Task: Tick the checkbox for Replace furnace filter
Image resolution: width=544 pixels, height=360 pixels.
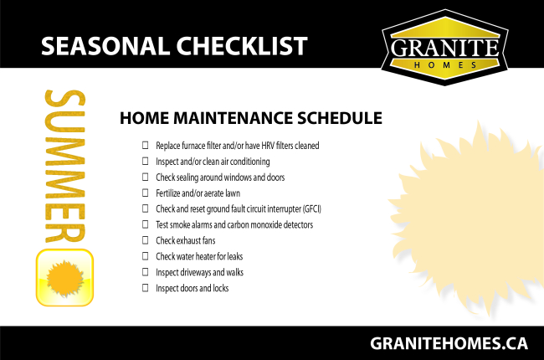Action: point(146,145)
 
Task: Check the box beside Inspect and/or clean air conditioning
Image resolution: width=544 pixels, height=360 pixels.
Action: point(146,161)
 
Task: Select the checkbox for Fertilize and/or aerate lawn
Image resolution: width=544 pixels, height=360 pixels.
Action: point(146,193)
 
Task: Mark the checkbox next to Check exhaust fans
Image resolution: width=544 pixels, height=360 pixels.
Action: point(146,240)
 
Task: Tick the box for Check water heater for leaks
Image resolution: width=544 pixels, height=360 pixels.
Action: point(146,256)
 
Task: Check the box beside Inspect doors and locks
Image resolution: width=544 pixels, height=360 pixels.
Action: point(146,288)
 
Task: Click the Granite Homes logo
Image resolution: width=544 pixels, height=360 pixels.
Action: point(444,48)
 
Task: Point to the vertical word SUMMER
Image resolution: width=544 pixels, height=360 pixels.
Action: point(65,166)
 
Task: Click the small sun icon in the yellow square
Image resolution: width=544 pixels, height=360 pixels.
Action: point(65,279)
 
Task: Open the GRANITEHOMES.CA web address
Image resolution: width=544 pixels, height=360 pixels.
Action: point(449,344)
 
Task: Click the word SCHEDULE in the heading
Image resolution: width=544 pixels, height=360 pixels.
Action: point(340,118)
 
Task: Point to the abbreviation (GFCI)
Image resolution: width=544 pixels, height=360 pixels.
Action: point(312,209)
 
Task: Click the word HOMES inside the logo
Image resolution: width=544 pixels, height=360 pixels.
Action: point(445,65)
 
